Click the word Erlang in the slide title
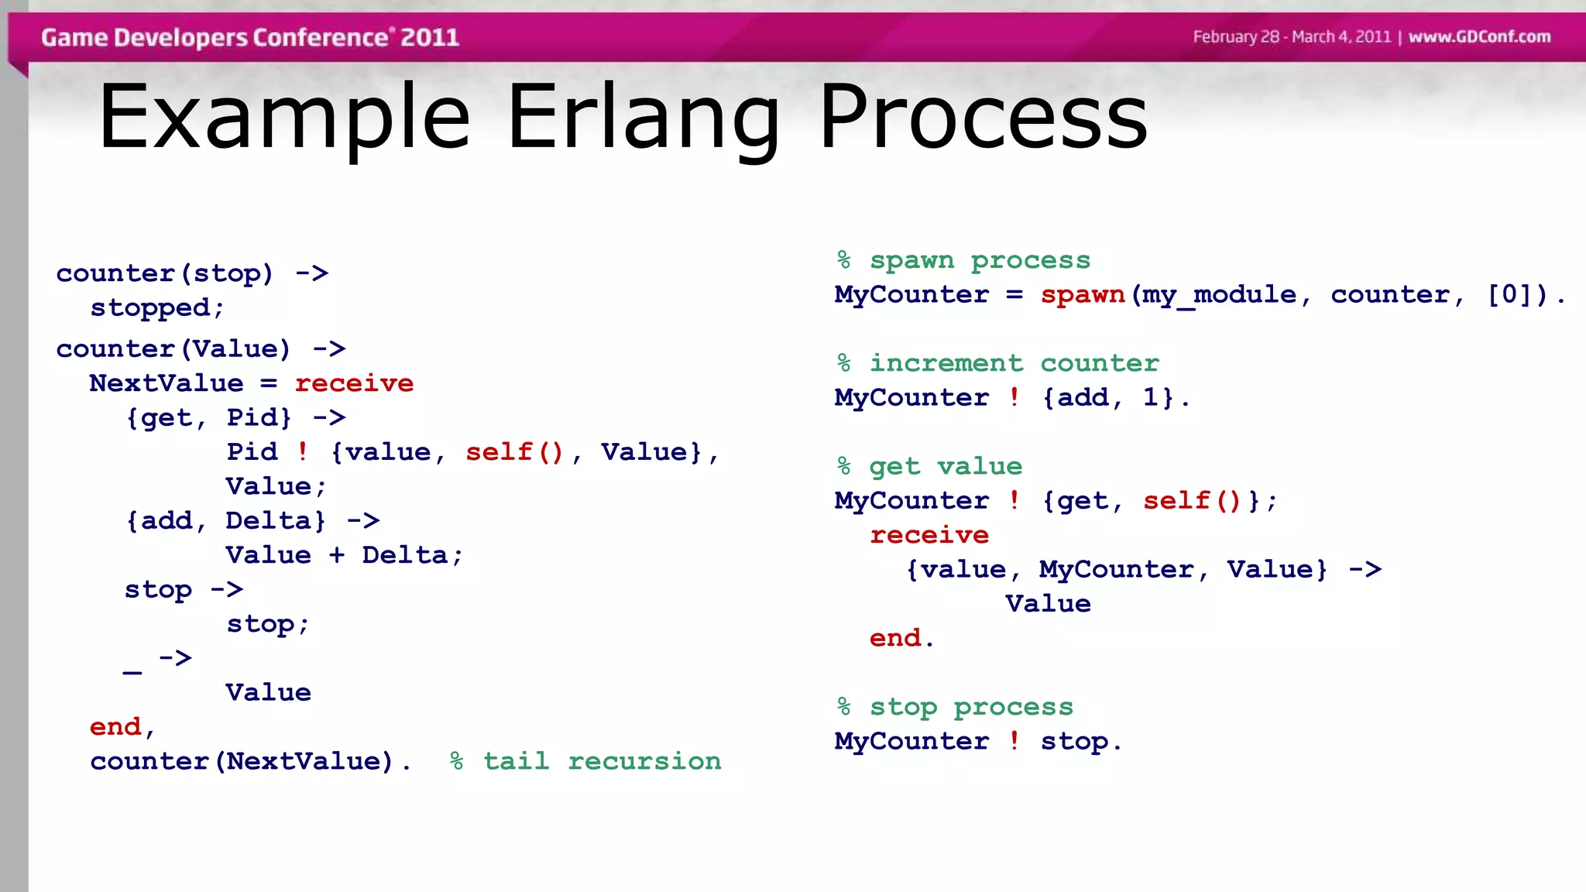[643, 118]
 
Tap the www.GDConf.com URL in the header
[1479, 37]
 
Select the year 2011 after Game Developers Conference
[430, 37]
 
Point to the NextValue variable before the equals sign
[166, 383]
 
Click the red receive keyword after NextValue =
[354, 383]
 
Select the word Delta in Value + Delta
[405, 555]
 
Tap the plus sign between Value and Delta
[337, 555]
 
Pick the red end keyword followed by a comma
[115, 727]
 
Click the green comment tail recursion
[602, 761]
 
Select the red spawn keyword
[1082, 295]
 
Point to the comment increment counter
[1014, 363]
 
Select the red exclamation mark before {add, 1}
[1014, 398]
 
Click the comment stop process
[971, 707]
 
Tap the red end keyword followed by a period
[895, 638]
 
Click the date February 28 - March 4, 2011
[1292, 37]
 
